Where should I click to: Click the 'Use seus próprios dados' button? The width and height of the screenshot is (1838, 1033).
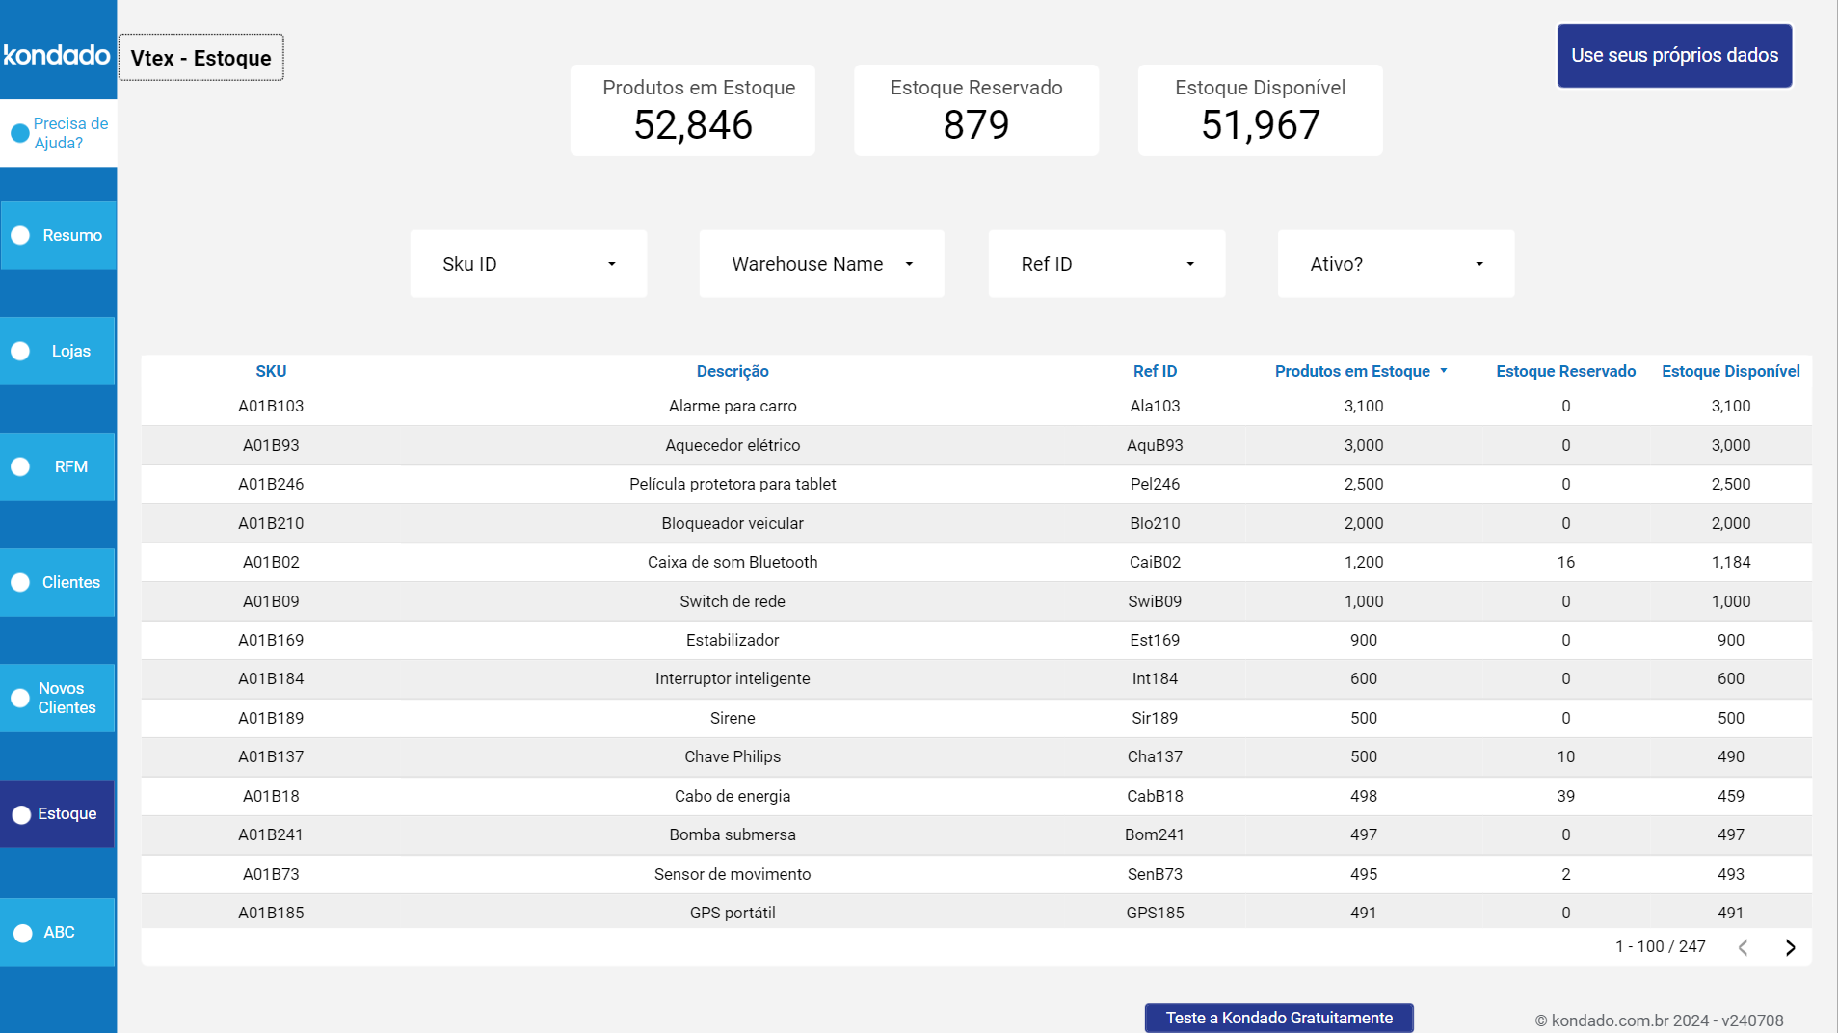tap(1674, 56)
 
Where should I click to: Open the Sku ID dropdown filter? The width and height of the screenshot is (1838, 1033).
tap(528, 264)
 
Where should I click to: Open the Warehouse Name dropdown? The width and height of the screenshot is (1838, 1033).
tap(821, 264)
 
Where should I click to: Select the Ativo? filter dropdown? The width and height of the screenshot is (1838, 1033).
tap(1396, 264)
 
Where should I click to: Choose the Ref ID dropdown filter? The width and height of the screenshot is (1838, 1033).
tap(1106, 264)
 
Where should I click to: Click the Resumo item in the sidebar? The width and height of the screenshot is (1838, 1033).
tap(59, 235)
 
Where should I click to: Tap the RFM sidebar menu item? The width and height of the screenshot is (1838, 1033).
tap(59, 466)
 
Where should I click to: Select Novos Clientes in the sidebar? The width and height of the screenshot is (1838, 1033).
tap(59, 698)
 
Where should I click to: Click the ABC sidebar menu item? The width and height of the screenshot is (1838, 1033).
tap(59, 932)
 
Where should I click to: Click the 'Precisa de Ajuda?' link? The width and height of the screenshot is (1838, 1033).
tap(61, 133)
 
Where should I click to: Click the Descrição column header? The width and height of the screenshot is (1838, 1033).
tap(733, 371)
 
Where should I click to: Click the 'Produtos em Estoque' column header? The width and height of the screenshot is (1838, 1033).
tap(1352, 371)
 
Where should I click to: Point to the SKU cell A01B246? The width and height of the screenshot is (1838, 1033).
tap(271, 484)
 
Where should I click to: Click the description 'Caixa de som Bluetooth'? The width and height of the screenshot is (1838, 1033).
tap(733, 562)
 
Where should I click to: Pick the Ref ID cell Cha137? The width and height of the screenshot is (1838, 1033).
tap(1155, 756)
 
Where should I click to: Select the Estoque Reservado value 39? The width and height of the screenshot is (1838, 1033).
tap(1565, 796)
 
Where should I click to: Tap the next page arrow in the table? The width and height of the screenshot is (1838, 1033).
tap(1790, 947)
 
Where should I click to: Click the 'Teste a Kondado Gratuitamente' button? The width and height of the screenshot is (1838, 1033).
tap(1279, 1018)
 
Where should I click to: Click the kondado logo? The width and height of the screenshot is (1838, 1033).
tap(57, 55)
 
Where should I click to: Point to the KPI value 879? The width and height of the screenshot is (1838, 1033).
tap(976, 124)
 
